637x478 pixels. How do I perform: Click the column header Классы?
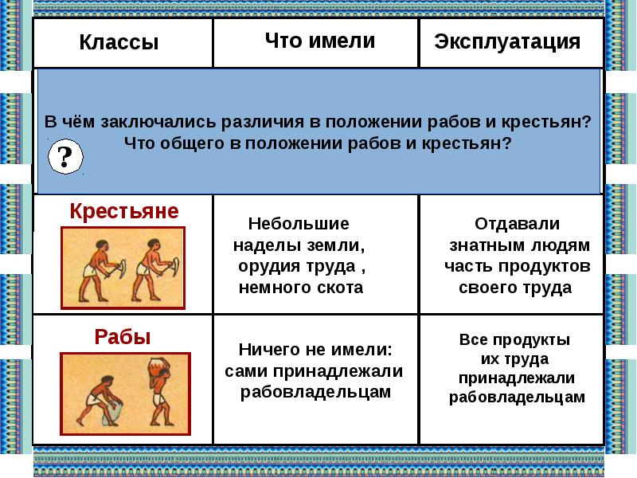tap(119, 42)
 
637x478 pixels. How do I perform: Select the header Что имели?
tap(320, 41)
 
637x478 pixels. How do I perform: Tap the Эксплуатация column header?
tap(507, 42)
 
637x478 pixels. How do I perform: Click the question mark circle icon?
tap(65, 156)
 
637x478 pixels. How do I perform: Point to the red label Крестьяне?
tap(124, 211)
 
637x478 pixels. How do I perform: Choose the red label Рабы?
tap(123, 337)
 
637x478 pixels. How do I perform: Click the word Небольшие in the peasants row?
tap(299, 224)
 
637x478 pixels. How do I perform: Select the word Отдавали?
tap(517, 224)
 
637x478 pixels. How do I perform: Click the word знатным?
tap(482, 245)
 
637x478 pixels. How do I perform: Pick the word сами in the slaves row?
tap(246, 371)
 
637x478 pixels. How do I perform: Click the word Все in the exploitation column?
tap(472, 340)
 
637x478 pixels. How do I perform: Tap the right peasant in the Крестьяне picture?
tap(154, 269)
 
